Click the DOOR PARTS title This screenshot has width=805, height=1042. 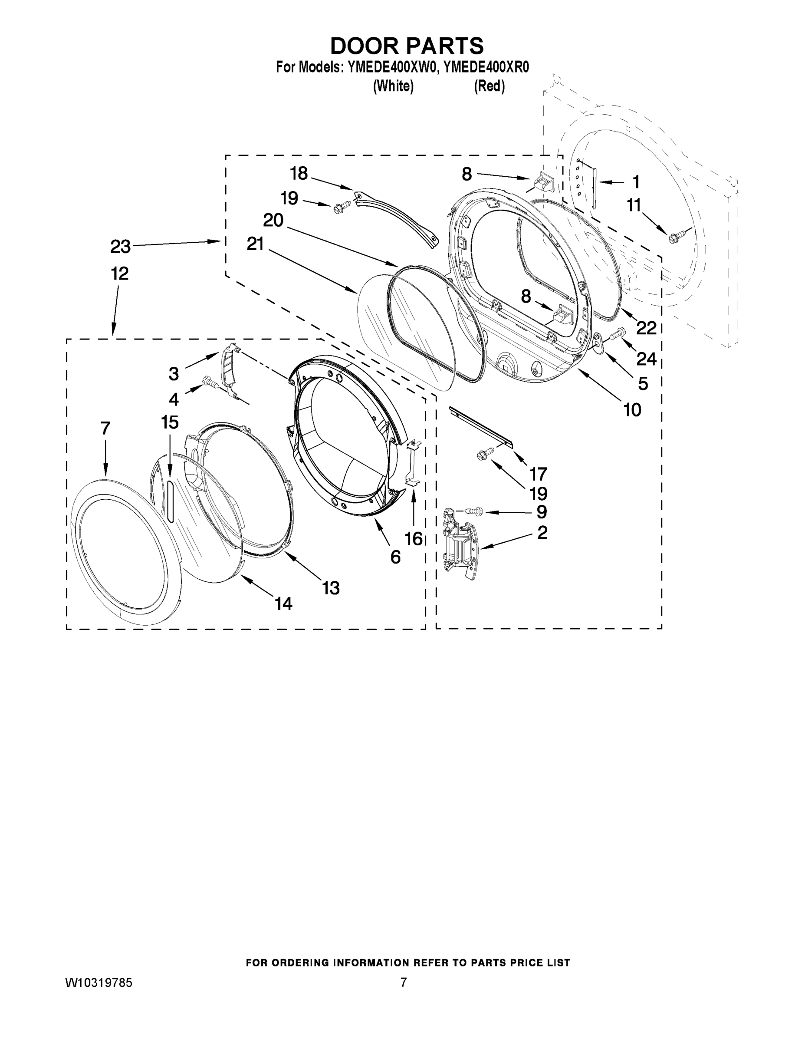coord(407,46)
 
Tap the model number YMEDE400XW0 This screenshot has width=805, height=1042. coord(392,68)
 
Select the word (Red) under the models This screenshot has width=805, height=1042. coord(490,86)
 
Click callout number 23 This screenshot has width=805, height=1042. coord(120,247)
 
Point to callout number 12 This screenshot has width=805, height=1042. coord(120,274)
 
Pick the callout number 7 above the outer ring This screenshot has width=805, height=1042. coord(105,428)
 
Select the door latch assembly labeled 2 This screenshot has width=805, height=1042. coord(460,544)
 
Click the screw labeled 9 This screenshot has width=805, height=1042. coord(473,511)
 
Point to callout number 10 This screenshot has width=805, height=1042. coord(632,410)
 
